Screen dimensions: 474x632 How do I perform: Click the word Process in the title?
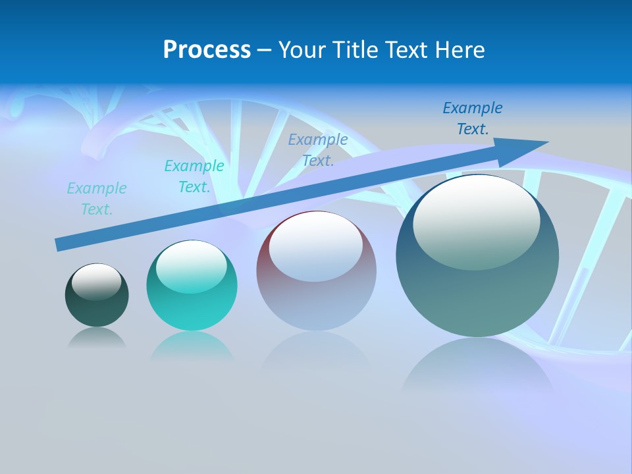[x=207, y=50]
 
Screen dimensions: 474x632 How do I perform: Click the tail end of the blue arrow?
[x=59, y=246]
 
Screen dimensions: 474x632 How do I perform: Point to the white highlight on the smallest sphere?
[x=96, y=282]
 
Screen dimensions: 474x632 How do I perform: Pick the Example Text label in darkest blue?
[x=472, y=118]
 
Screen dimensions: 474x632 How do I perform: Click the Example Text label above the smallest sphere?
[x=97, y=199]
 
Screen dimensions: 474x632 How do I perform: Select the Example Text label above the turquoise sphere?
[x=194, y=176]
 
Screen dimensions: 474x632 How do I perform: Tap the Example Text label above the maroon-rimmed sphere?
[x=318, y=150]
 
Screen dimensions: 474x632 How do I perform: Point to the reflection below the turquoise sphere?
[x=192, y=345]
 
